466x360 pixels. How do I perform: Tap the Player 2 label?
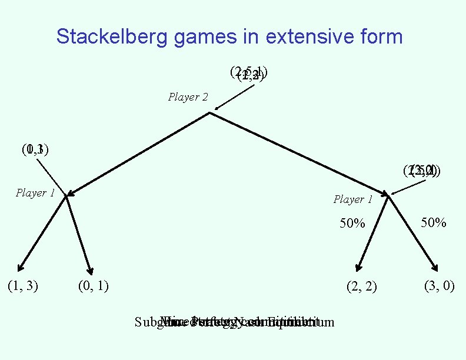(188, 97)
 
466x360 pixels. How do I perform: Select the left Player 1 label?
(35, 193)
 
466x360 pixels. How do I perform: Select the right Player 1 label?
(353, 199)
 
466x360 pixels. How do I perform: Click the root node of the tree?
(209, 112)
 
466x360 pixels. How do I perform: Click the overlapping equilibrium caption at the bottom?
(234, 322)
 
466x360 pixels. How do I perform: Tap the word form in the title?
(379, 37)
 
